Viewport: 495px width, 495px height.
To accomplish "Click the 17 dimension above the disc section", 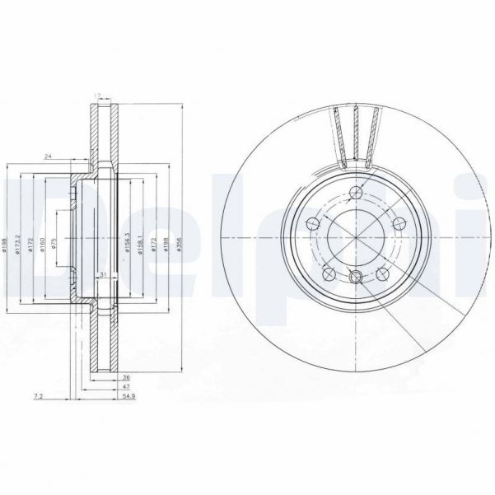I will [98, 96].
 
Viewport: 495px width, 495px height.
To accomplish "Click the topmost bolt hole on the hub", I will [355, 194].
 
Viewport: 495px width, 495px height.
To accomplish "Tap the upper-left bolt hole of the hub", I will [313, 222].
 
